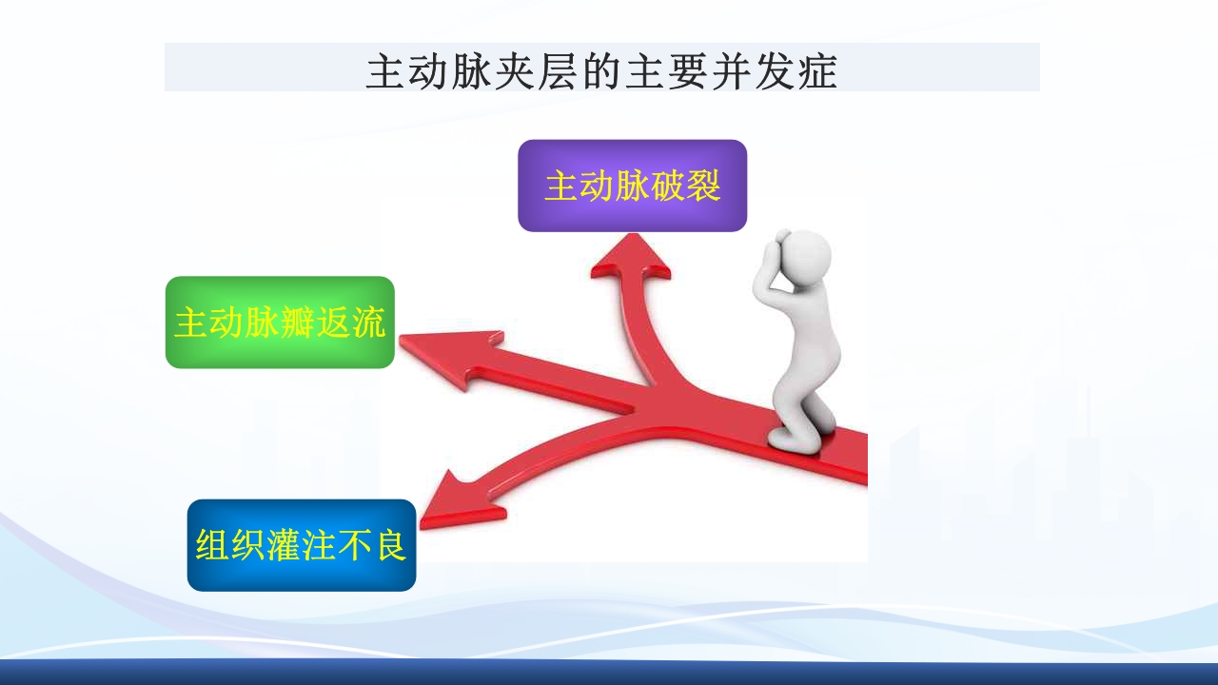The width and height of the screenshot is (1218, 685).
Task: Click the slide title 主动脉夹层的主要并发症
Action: pos(601,72)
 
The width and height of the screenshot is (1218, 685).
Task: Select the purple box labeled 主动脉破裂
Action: pos(632,186)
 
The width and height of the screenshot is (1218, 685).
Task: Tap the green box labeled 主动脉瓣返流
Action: pos(280,323)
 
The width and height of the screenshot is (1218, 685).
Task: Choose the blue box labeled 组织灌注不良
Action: pos(301,545)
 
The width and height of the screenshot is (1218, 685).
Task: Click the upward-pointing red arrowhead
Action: pos(629,258)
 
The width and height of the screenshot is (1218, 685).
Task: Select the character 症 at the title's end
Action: pos(816,72)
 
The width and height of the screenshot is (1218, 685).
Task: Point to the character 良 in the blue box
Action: pos(389,545)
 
